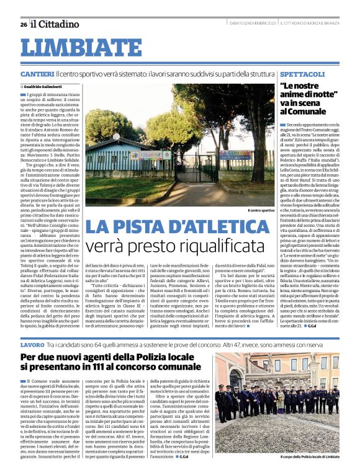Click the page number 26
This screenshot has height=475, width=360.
(x=23, y=24)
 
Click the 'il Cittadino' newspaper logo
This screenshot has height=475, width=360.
(x=56, y=24)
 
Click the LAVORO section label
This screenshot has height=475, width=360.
(x=32, y=344)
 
